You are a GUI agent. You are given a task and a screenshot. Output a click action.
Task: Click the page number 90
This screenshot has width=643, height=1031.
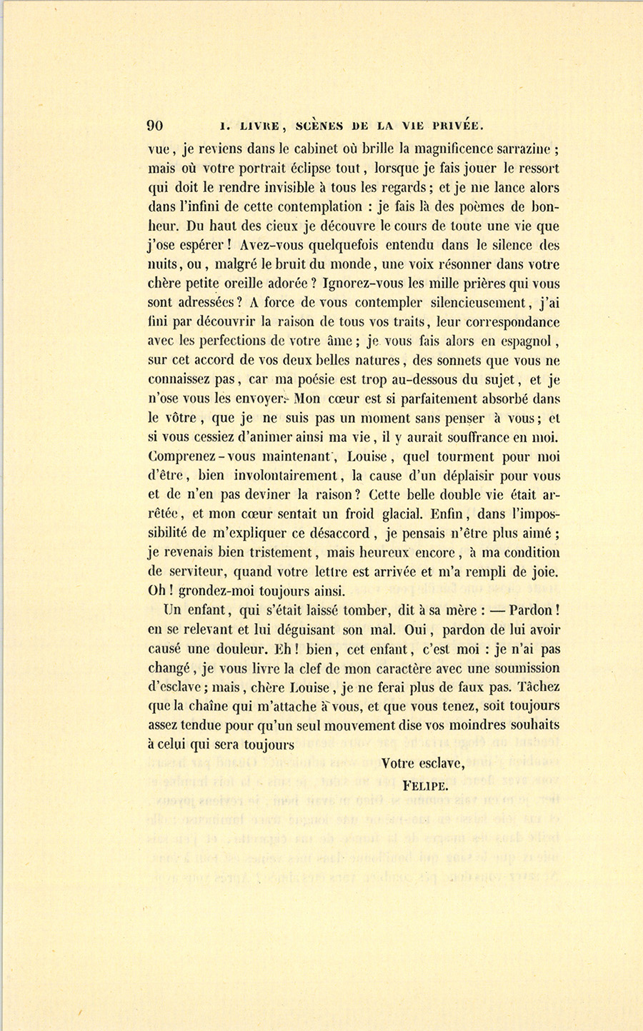[155, 126]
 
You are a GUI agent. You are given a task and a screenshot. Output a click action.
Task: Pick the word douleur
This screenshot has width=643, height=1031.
[241, 649]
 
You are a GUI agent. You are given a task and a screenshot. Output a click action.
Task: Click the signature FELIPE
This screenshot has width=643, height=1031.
[425, 786]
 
